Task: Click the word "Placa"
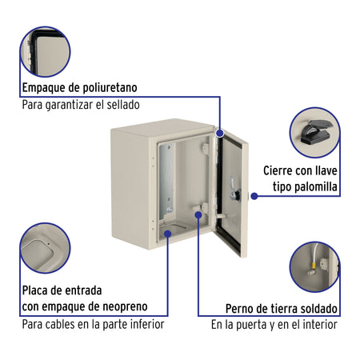tap(37, 290)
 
